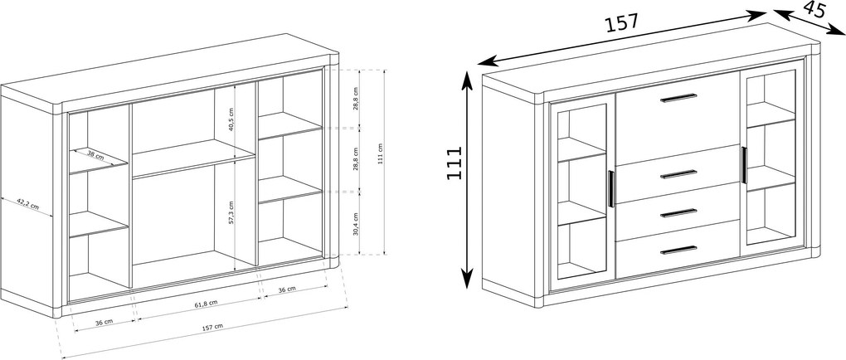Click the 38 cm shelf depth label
95,157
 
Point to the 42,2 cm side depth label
27,204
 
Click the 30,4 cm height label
356,224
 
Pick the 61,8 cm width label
206,304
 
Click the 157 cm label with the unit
212,327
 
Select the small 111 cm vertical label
381,153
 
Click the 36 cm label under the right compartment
287,289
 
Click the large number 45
814,9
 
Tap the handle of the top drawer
678,98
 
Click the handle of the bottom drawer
678,250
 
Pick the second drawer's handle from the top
678,174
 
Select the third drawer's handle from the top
678,212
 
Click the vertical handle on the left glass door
610,189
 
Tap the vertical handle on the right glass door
743,164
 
